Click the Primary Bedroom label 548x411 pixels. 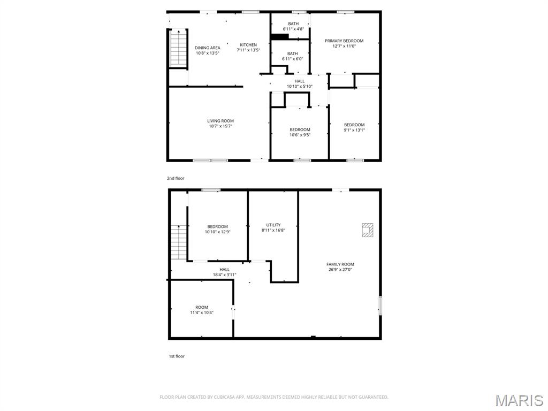click(x=344, y=41)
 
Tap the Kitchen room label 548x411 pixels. click(x=248, y=45)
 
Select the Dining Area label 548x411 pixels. click(x=207, y=48)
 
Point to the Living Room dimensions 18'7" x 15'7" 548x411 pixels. click(x=220, y=126)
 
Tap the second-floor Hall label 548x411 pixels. click(x=299, y=81)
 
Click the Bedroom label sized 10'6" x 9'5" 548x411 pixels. click(x=300, y=130)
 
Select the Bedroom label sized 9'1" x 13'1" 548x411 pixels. click(x=354, y=125)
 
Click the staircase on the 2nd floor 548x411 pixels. click(x=178, y=48)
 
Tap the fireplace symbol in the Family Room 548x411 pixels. click(x=367, y=230)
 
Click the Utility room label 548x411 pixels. click(x=273, y=225)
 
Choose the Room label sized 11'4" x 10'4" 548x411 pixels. click(x=201, y=307)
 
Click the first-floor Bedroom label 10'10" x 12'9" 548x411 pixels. click(x=217, y=226)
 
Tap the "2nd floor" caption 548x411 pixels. click(x=176, y=178)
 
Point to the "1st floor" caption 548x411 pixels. click(x=176, y=356)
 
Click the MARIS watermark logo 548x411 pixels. click(x=519, y=400)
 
